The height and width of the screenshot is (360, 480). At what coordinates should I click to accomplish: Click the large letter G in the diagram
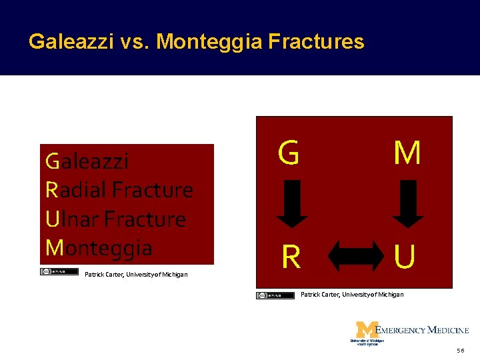pyautogui.click(x=289, y=153)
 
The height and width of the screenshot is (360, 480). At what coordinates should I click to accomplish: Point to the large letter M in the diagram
pyautogui.click(x=407, y=153)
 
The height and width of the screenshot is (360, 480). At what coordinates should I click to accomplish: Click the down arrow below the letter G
pyautogui.click(x=292, y=204)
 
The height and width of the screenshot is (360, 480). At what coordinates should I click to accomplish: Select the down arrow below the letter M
pyautogui.click(x=408, y=204)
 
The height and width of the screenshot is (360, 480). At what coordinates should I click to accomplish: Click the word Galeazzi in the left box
pyautogui.click(x=87, y=161)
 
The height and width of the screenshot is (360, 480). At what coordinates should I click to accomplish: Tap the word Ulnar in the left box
pyautogui.click(x=73, y=219)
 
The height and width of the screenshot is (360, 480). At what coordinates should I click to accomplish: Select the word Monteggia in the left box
pyautogui.click(x=99, y=248)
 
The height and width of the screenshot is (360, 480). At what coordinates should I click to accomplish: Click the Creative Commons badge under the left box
pyautogui.click(x=59, y=272)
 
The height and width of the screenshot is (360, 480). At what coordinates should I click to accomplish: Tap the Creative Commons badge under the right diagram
pyautogui.click(x=275, y=295)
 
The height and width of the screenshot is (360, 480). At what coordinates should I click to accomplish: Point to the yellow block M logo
pyautogui.click(x=367, y=331)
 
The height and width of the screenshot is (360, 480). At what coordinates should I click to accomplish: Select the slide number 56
pyautogui.click(x=461, y=351)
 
